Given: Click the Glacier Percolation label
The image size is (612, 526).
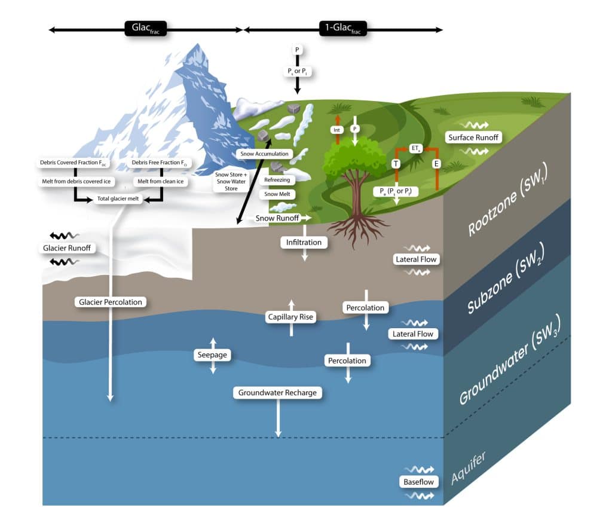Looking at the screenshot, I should pos(111,302).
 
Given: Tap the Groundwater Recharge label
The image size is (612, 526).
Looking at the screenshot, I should pos(277,393).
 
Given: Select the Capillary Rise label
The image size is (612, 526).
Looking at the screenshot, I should pos(291,317).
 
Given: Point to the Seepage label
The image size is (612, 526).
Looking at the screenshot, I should pos(213,354).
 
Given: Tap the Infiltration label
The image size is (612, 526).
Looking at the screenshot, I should pos(304,242).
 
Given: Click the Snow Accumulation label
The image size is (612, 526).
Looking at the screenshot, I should pos(264,154).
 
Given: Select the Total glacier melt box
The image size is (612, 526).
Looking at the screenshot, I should pos(118,200).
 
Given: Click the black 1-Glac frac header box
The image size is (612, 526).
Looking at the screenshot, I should pos(342,28).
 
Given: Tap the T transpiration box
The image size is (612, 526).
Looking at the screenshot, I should pos(395,163).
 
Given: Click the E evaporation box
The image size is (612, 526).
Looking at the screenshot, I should pos(437,163).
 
